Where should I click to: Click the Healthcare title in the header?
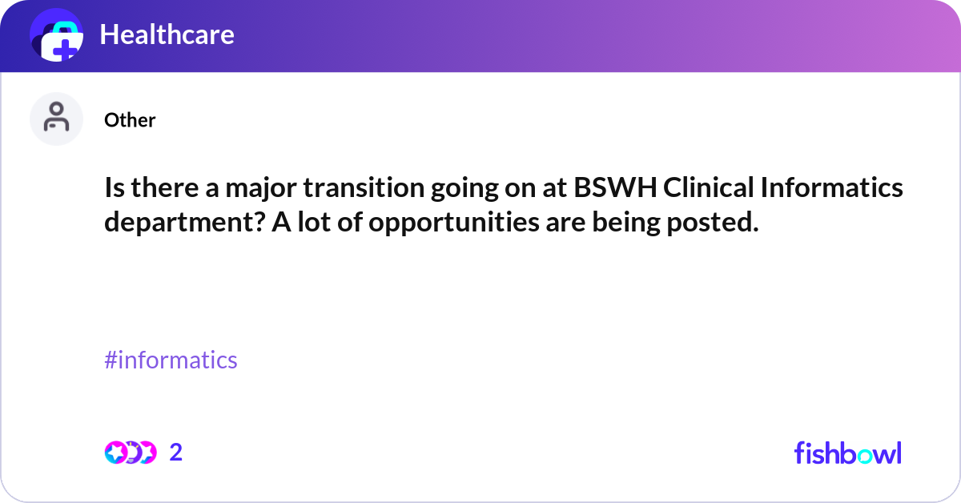click(x=167, y=34)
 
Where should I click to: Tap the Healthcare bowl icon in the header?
click(x=57, y=36)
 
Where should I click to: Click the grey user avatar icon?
click(x=56, y=119)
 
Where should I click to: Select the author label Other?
click(x=130, y=120)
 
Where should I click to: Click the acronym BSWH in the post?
click(x=614, y=189)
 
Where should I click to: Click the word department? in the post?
click(x=183, y=223)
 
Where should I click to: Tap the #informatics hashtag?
click(x=171, y=360)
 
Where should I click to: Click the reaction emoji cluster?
click(x=130, y=453)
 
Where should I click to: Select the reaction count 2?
click(x=176, y=453)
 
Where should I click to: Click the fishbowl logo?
click(x=847, y=453)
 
